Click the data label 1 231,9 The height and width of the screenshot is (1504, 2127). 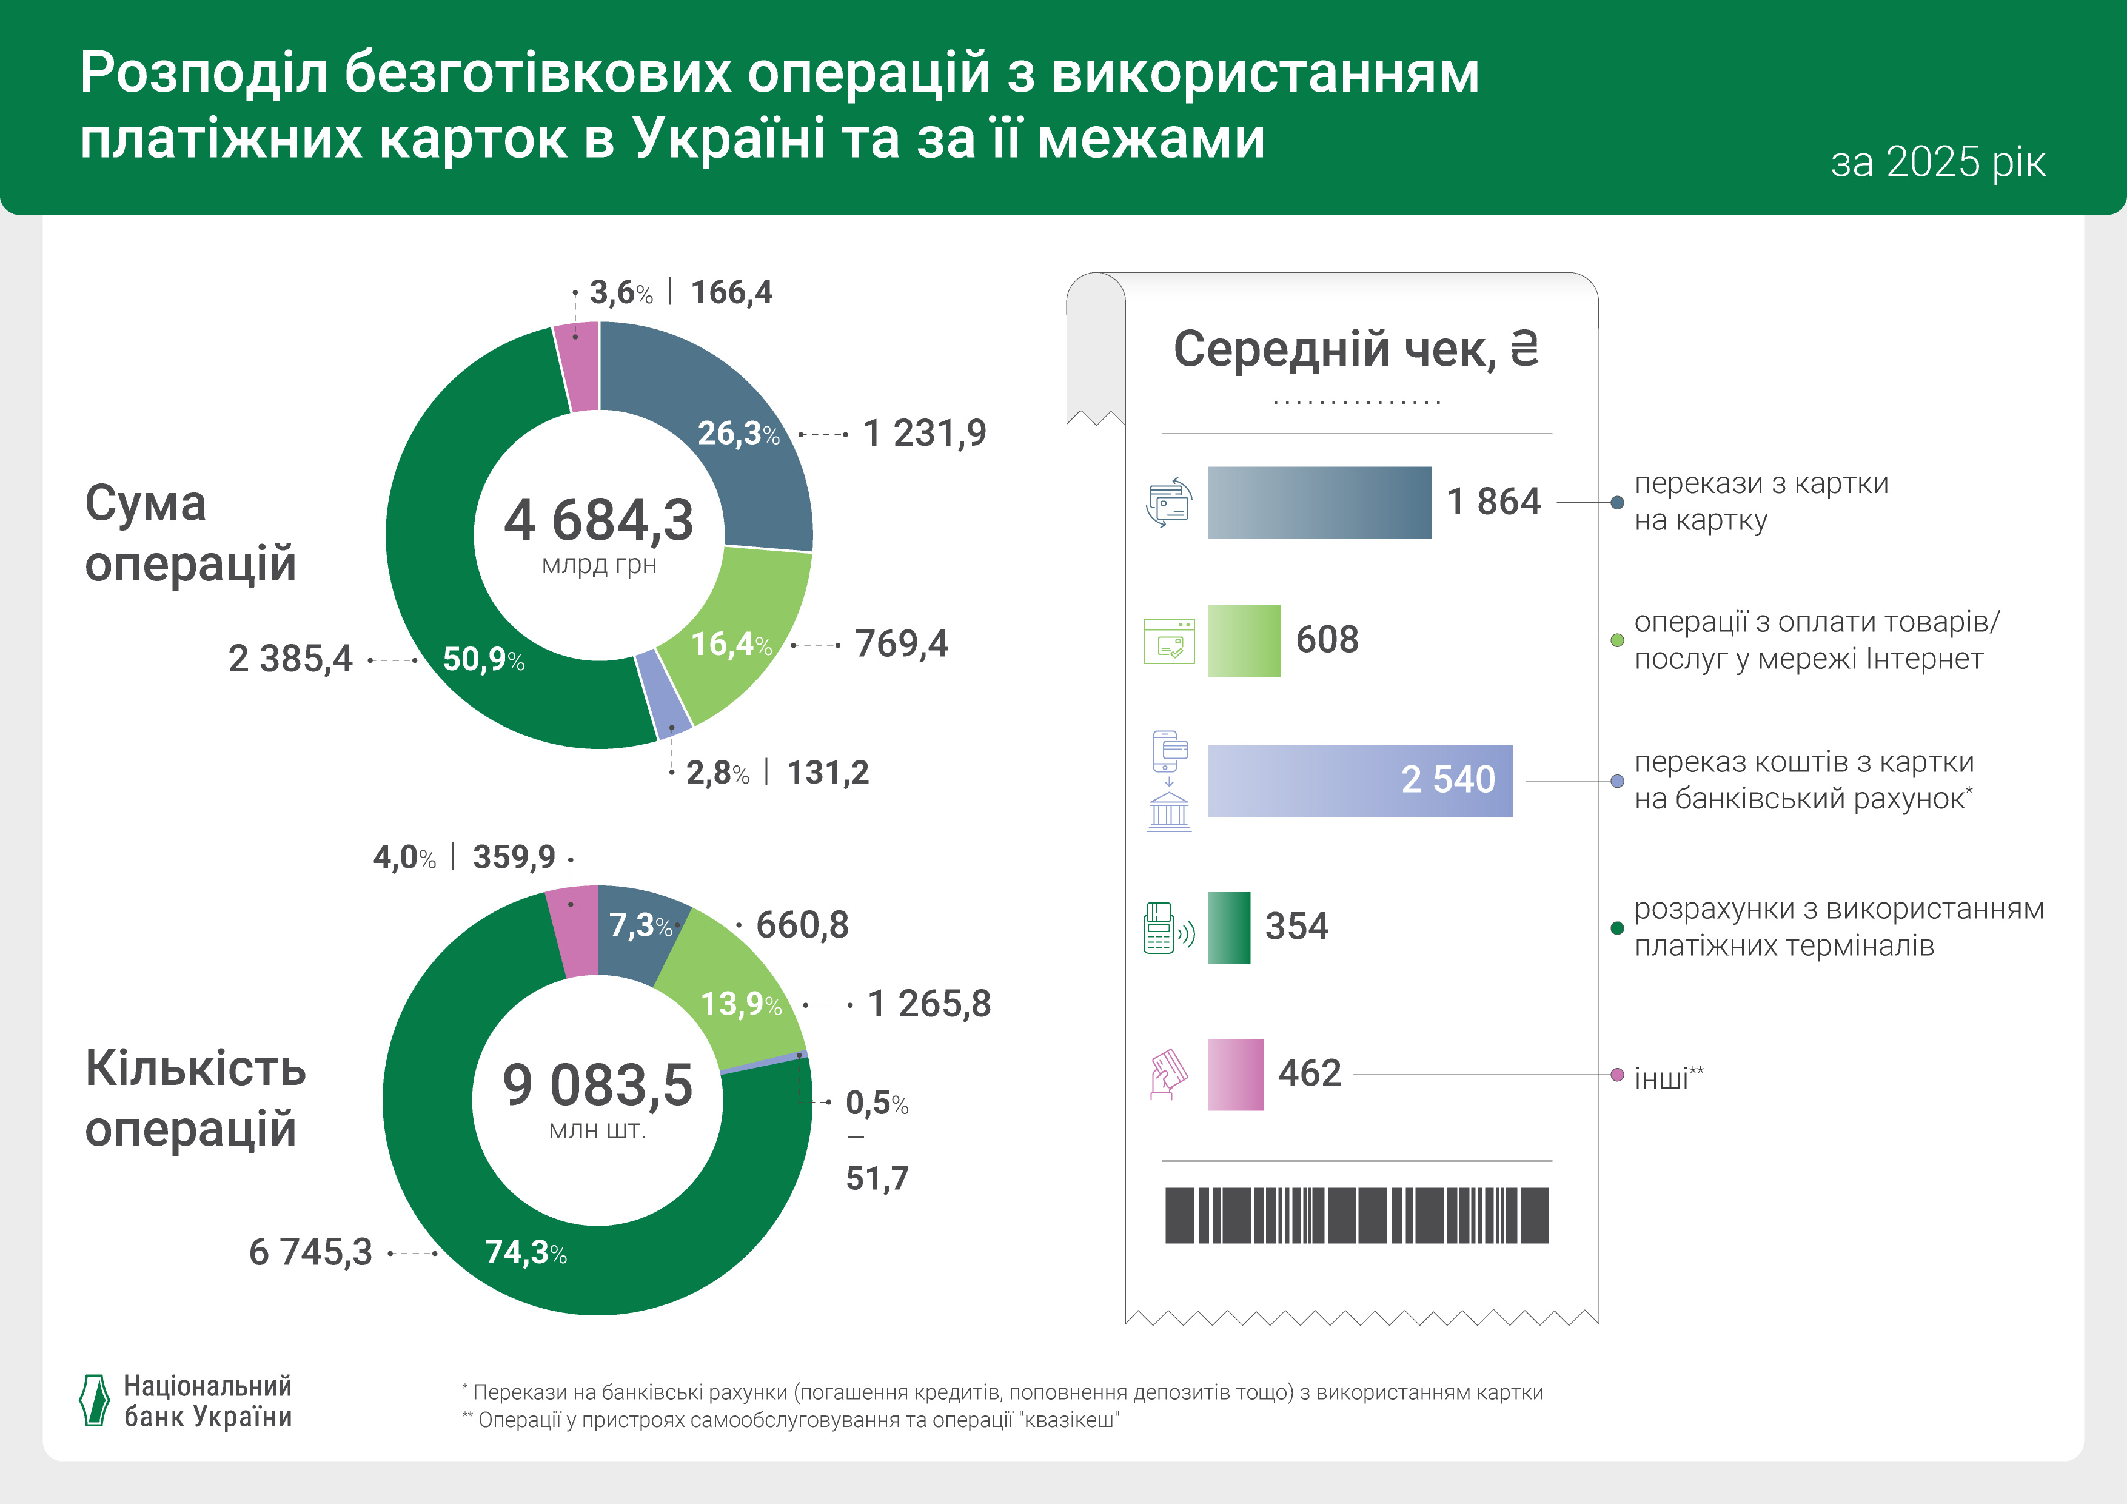click(x=925, y=433)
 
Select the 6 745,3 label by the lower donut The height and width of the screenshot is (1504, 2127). click(x=310, y=1252)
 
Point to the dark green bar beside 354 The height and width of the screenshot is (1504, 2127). click(x=1228, y=928)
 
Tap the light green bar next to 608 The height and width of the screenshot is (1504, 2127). click(x=1243, y=640)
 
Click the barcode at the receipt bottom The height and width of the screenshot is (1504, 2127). click(x=1356, y=1215)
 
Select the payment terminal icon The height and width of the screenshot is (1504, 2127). click(x=1167, y=928)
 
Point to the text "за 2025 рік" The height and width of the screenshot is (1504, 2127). click(x=1937, y=162)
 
